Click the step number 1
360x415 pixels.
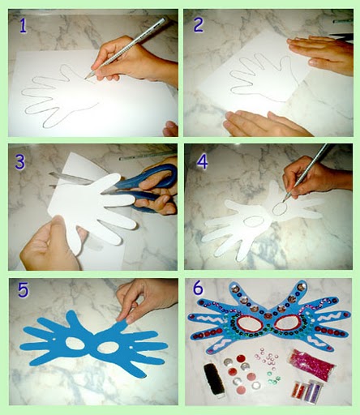click(24, 26)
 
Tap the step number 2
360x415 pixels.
click(199, 25)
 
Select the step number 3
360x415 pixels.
click(20, 162)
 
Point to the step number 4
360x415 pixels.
click(202, 162)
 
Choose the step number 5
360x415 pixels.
click(23, 290)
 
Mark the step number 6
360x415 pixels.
click(198, 288)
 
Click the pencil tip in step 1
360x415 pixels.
click(86, 78)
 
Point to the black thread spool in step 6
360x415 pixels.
click(214, 379)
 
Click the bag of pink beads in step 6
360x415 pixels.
click(313, 362)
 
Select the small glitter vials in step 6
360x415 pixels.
click(306, 391)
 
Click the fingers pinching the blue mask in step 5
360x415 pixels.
click(128, 310)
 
